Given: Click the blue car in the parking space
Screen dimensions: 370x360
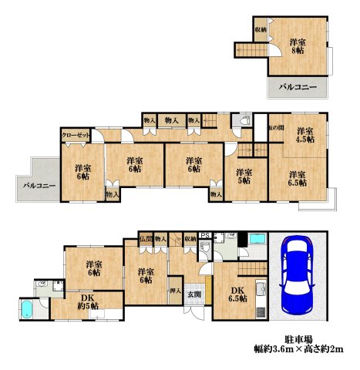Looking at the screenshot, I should [297, 273].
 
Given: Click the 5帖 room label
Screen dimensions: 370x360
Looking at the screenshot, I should [244, 177].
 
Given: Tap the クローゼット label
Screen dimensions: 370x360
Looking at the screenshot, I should [76, 135].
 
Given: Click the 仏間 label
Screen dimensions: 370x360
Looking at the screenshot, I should [146, 239].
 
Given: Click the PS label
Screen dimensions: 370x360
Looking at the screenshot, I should [205, 237].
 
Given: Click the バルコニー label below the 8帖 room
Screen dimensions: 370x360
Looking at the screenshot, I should [298, 89].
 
